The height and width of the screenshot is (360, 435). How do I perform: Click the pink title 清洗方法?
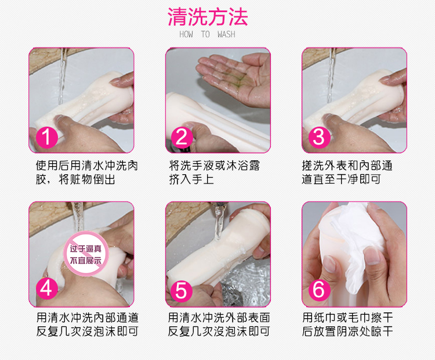[208, 17]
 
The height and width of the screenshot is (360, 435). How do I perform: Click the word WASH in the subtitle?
[226, 34]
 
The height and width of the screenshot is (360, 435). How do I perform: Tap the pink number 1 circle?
[46, 137]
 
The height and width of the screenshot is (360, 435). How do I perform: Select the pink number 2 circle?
[182, 137]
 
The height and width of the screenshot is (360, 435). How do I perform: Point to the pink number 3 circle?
[320, 137]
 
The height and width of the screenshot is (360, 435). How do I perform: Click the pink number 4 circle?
[46, 289]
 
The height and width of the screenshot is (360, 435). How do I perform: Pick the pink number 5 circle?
[182, 290]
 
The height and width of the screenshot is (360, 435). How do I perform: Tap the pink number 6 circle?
[319, 289]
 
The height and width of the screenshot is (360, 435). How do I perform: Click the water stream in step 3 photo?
[331, 75]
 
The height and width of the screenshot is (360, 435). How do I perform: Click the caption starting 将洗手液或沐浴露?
[215, 172]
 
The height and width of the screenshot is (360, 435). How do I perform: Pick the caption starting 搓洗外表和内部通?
[347, 172]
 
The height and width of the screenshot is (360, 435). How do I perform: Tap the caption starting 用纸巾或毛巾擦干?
[347, 324]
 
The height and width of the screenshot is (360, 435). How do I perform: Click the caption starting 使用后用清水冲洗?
[87, 172]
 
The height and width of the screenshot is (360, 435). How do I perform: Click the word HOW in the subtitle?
[186, 34]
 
